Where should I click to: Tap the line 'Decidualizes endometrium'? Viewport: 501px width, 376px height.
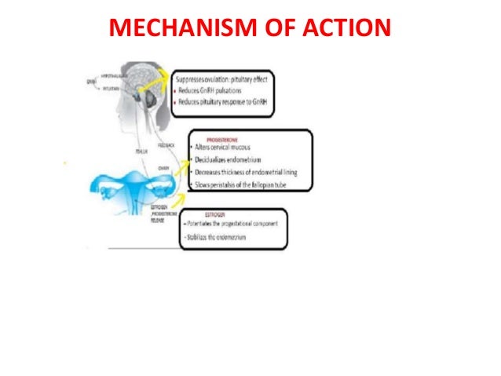231,159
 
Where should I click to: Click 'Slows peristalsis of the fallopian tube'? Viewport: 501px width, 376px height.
243,185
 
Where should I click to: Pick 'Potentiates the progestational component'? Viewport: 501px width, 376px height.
231,225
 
